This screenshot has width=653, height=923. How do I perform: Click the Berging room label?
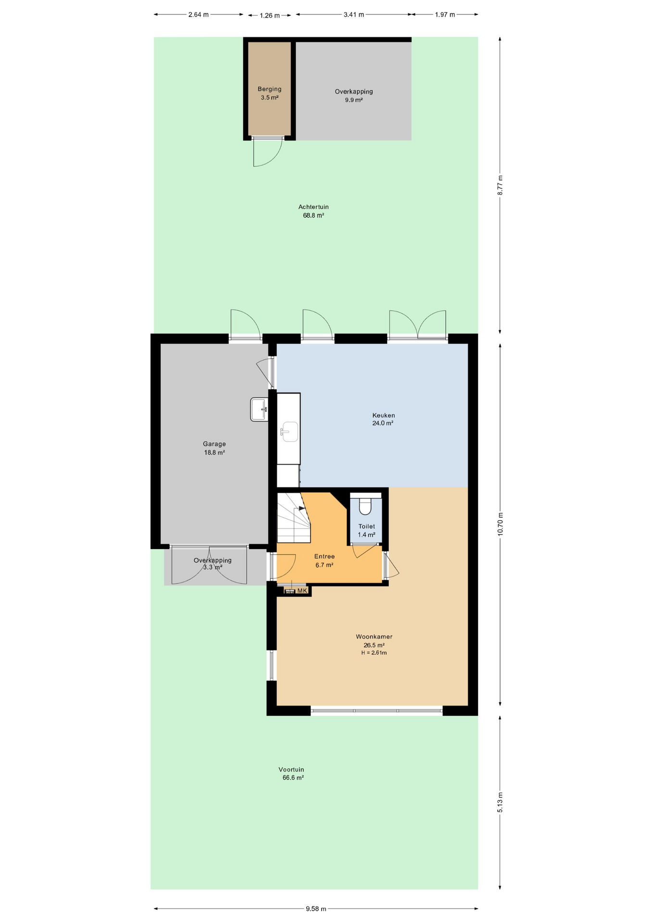269,89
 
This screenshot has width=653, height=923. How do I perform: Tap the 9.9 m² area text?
353,100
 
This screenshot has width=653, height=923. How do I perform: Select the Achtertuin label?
314,207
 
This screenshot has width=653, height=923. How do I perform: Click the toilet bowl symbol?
365,506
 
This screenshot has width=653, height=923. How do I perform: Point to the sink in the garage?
259,410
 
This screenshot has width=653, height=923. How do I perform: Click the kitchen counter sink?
289,431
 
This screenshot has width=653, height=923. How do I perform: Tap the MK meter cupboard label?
302,591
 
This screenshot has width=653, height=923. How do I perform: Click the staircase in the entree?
294,518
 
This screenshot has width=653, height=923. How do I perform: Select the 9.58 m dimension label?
316,909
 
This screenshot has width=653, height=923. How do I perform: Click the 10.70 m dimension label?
500,524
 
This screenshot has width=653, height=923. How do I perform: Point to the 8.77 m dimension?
500,185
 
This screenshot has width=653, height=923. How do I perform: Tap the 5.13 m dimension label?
500,802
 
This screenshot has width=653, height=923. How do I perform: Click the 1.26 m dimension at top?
270,15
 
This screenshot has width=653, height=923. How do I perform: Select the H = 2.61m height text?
374,653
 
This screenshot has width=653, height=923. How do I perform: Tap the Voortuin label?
291,770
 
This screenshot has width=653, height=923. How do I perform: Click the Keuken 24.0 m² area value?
383,424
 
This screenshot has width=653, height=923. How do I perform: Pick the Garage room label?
214,444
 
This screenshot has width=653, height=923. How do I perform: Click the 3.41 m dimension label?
353,14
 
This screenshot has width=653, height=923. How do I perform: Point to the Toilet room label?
366,526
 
